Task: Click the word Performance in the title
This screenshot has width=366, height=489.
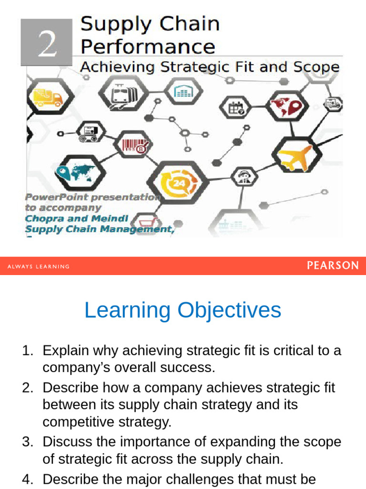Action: click(147, 47)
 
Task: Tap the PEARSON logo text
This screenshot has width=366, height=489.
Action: click(332, 266)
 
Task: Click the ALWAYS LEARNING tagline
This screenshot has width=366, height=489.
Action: click(39, 266)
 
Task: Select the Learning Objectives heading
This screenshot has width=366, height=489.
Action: click(183, 310)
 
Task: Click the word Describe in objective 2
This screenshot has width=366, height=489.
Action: click(71, 387)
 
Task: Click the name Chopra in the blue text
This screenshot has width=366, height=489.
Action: click(44, 218)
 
